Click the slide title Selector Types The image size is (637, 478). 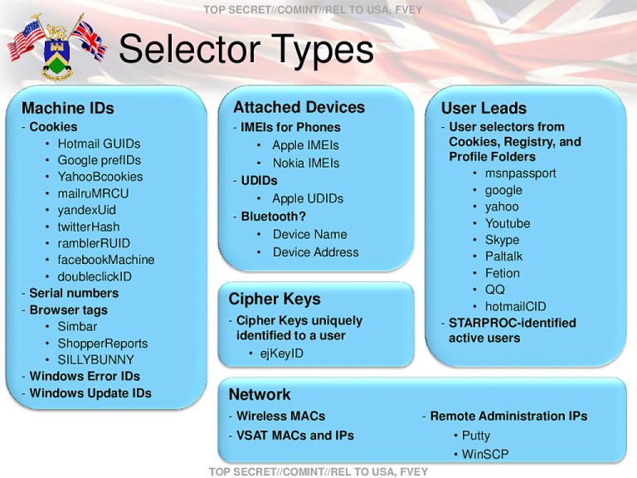coord(246,50)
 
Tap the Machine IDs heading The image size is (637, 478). coord(68,108)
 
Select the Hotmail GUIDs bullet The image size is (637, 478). coord(99,144)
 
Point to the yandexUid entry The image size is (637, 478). coord(86,210)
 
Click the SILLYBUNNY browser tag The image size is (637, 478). coord(95,359)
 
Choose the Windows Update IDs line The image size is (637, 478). coord(90,393)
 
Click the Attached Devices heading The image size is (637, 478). coord(299,107)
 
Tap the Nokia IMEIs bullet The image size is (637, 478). coord(305,163)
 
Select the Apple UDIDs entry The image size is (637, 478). coord(307,198)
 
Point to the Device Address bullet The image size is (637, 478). coord(315,252)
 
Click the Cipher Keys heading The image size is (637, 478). coord(275,299)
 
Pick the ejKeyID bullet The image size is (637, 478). coord(281,354)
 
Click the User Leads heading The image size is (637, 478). coord(484,108)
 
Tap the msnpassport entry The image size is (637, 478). coord(520,173)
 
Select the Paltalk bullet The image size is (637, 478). coord(503,256)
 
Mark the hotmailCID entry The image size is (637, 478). coord(515,306)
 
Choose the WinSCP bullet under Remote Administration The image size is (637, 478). coord(485,454)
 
